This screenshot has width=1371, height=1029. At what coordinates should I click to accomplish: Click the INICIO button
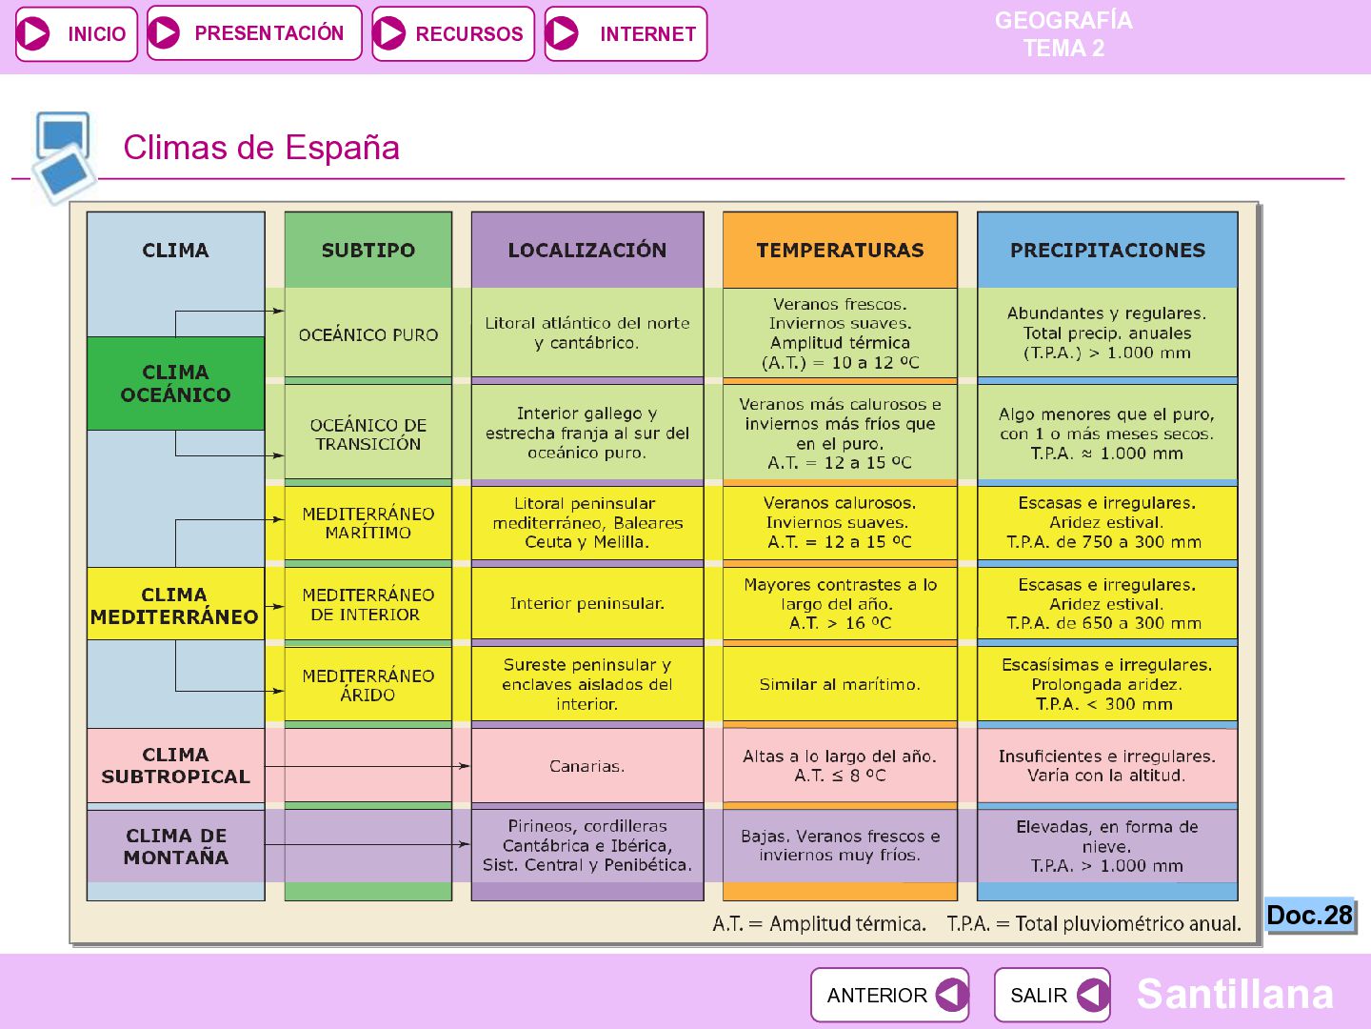point(76,33)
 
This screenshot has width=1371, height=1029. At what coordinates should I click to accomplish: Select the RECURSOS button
point(453,33)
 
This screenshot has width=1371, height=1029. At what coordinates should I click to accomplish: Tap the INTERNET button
point(626,33)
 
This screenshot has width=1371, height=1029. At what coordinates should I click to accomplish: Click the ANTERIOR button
point(889,995)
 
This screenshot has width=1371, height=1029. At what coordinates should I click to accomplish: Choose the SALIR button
point(1052,995)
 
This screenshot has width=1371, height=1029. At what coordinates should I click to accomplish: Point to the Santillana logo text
point(1234,994)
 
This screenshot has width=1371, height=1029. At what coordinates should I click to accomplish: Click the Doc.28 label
point(1310,916)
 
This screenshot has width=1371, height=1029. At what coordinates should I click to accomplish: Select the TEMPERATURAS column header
point(840,250)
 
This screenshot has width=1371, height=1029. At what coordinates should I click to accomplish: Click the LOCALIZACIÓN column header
point(587,250)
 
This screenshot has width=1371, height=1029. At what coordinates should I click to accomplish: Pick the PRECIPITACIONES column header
point(1107,250)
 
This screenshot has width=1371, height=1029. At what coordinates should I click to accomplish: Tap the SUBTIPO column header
point(368,250)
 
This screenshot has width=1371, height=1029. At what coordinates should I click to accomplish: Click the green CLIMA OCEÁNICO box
point(175,384)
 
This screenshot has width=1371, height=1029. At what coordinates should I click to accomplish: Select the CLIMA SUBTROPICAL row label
point(175,765)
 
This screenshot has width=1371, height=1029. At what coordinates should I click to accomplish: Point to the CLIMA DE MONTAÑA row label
point(175,846)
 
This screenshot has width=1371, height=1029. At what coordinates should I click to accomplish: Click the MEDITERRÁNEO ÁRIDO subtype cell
point(368,685)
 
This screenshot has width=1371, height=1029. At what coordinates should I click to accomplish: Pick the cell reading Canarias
point(587,766)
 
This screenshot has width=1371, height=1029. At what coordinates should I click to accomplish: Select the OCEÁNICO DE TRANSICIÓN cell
point(368,434)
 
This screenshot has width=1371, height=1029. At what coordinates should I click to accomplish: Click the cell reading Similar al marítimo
point(840,685)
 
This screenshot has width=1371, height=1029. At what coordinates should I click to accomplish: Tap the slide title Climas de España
point(261,148)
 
